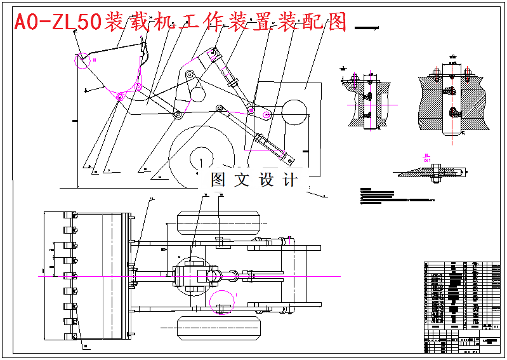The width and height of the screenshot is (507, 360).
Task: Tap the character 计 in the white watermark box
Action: (x=289, y=180)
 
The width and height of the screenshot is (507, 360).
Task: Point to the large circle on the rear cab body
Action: (x=294, y=112)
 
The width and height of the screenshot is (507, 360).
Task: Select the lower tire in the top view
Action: (x=219, y=328)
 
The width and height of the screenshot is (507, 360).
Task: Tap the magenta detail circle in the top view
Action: (x=223, y=303)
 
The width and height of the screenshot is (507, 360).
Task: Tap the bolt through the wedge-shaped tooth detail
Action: (x=437, y=173)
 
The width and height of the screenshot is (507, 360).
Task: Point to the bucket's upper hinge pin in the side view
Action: (x=138, y=86)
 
